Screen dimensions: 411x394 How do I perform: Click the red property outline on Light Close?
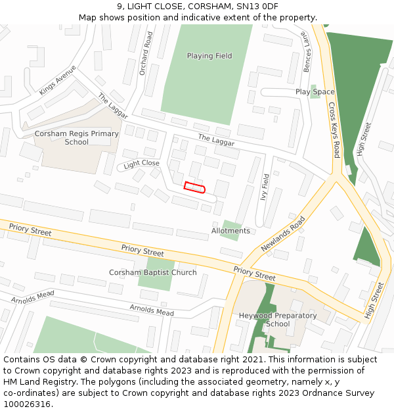(x=194, y=188)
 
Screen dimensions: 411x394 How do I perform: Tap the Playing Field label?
(x=209, y=56)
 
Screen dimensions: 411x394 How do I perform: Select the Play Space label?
(x=315, y=92)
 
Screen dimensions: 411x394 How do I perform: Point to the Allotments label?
(x=230, y=231)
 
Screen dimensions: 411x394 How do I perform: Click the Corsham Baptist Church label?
(x=152, y=272)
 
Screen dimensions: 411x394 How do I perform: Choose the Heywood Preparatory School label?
(x=278, y=320)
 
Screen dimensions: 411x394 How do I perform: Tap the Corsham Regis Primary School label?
(x=77, y=138)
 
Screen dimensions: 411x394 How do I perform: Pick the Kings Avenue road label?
(x=58, y=80)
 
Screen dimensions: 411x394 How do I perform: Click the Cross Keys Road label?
(x=334, y=130)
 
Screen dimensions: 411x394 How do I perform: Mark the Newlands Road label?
(x=283, y=233)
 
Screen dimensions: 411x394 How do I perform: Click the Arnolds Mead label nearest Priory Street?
(x=151, y=310)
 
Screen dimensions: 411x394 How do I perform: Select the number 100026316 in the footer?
(x=27, y=404)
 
